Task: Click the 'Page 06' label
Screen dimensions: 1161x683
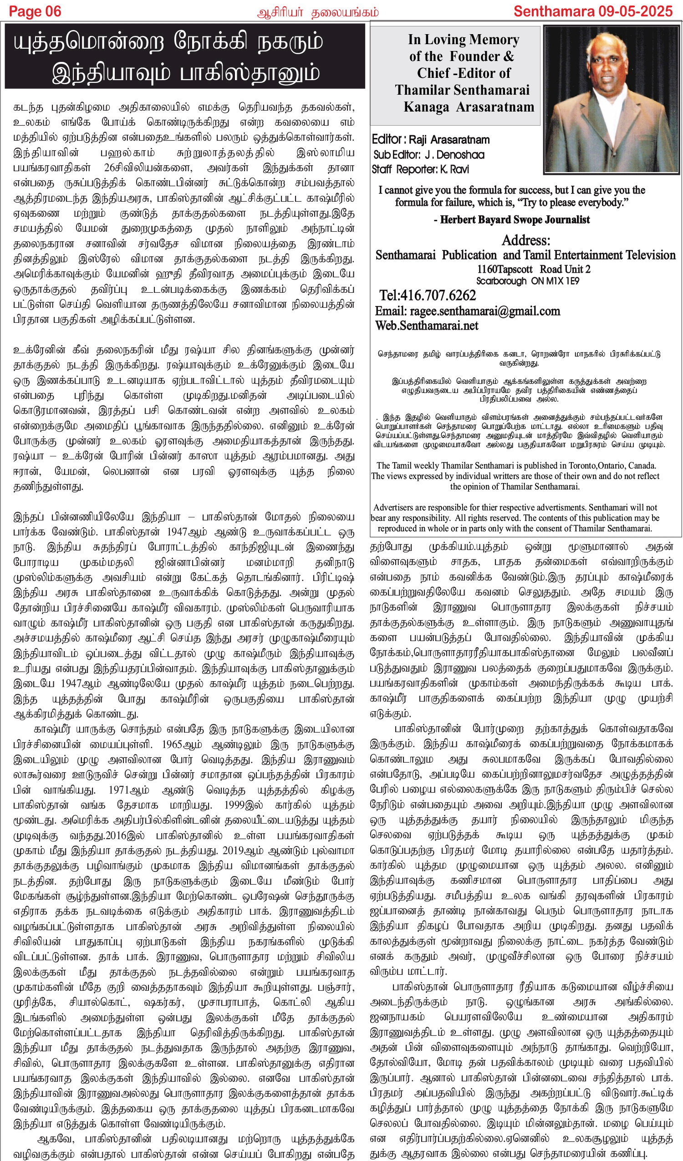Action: pos(35,11)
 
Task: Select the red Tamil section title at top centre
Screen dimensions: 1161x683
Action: pos(318,12)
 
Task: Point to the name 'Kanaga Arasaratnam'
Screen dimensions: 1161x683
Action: pos(469,107)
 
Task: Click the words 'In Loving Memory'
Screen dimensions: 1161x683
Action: pos(463,40)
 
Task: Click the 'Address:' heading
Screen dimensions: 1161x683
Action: pos(526,240)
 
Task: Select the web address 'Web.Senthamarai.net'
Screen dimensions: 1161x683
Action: pos(426,326)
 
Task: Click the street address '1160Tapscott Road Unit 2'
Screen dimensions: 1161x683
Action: pos(533,269)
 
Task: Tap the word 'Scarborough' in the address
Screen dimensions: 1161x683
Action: pos(501,280)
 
